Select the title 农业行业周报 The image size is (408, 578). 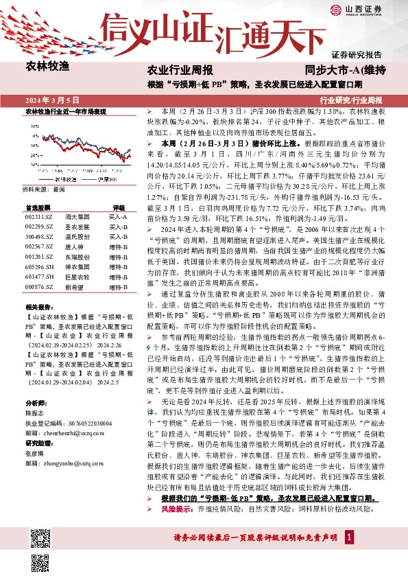[180, 71]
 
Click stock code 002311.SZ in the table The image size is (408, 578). [38, 216]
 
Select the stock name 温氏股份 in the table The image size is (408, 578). [77, 235]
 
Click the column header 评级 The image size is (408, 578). [119, 207]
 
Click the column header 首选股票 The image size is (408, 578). [38, 207]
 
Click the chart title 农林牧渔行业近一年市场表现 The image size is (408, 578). [66, 111]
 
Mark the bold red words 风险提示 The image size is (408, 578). [178, 510]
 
